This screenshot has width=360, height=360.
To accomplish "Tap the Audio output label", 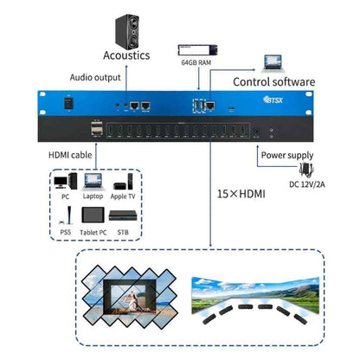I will tap(94, 78).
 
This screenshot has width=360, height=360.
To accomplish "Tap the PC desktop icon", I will tap(61, 183).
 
